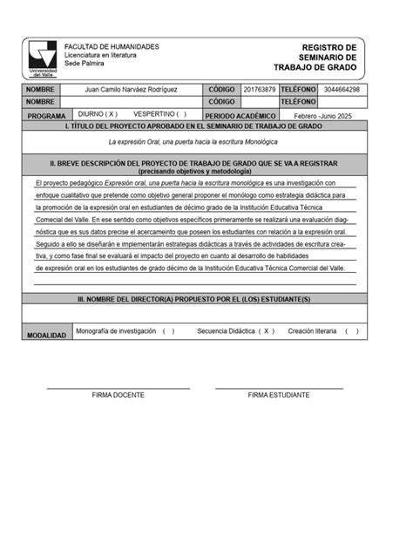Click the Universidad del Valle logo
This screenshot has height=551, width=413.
coord(42,58)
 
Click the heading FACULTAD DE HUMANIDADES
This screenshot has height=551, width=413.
coord(112,46)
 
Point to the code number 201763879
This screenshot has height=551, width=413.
coord(259,90)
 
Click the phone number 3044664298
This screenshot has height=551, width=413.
coord(341,90)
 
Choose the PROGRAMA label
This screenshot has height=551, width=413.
coord(46,115)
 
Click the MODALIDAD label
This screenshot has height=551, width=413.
coord(46,335)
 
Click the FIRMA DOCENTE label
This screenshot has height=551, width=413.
coord(118,395)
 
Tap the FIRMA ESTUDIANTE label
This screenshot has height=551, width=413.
coord(279,395)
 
